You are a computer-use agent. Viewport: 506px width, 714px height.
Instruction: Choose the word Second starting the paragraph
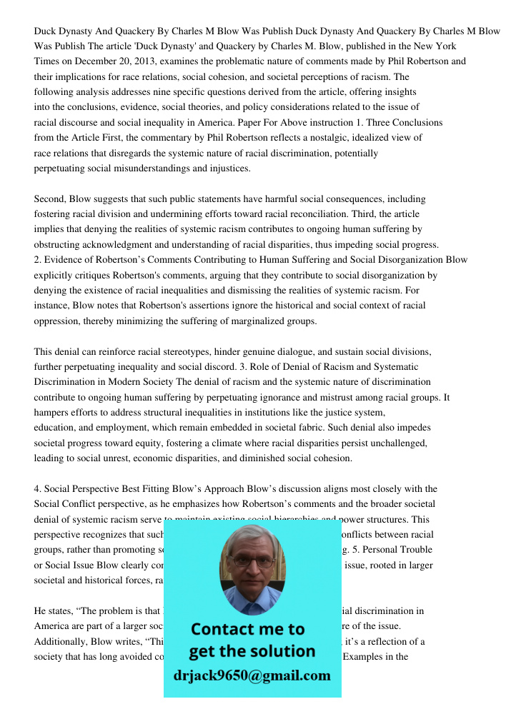[49, 199]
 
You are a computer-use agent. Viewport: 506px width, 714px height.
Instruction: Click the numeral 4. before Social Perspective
[38, 489]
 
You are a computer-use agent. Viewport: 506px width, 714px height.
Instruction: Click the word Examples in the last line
[364, 657]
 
